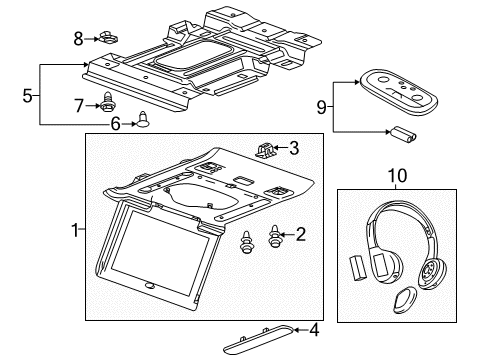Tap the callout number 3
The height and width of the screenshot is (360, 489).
293,148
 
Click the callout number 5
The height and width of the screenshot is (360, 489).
30,96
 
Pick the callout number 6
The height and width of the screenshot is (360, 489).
115,124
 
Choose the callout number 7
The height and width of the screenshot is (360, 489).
79,104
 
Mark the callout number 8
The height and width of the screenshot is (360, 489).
79,38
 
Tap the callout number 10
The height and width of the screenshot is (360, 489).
402,176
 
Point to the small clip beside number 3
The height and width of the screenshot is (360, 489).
266,150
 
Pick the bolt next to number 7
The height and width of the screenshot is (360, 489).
106,103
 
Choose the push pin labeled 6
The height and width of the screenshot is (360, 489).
142,120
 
